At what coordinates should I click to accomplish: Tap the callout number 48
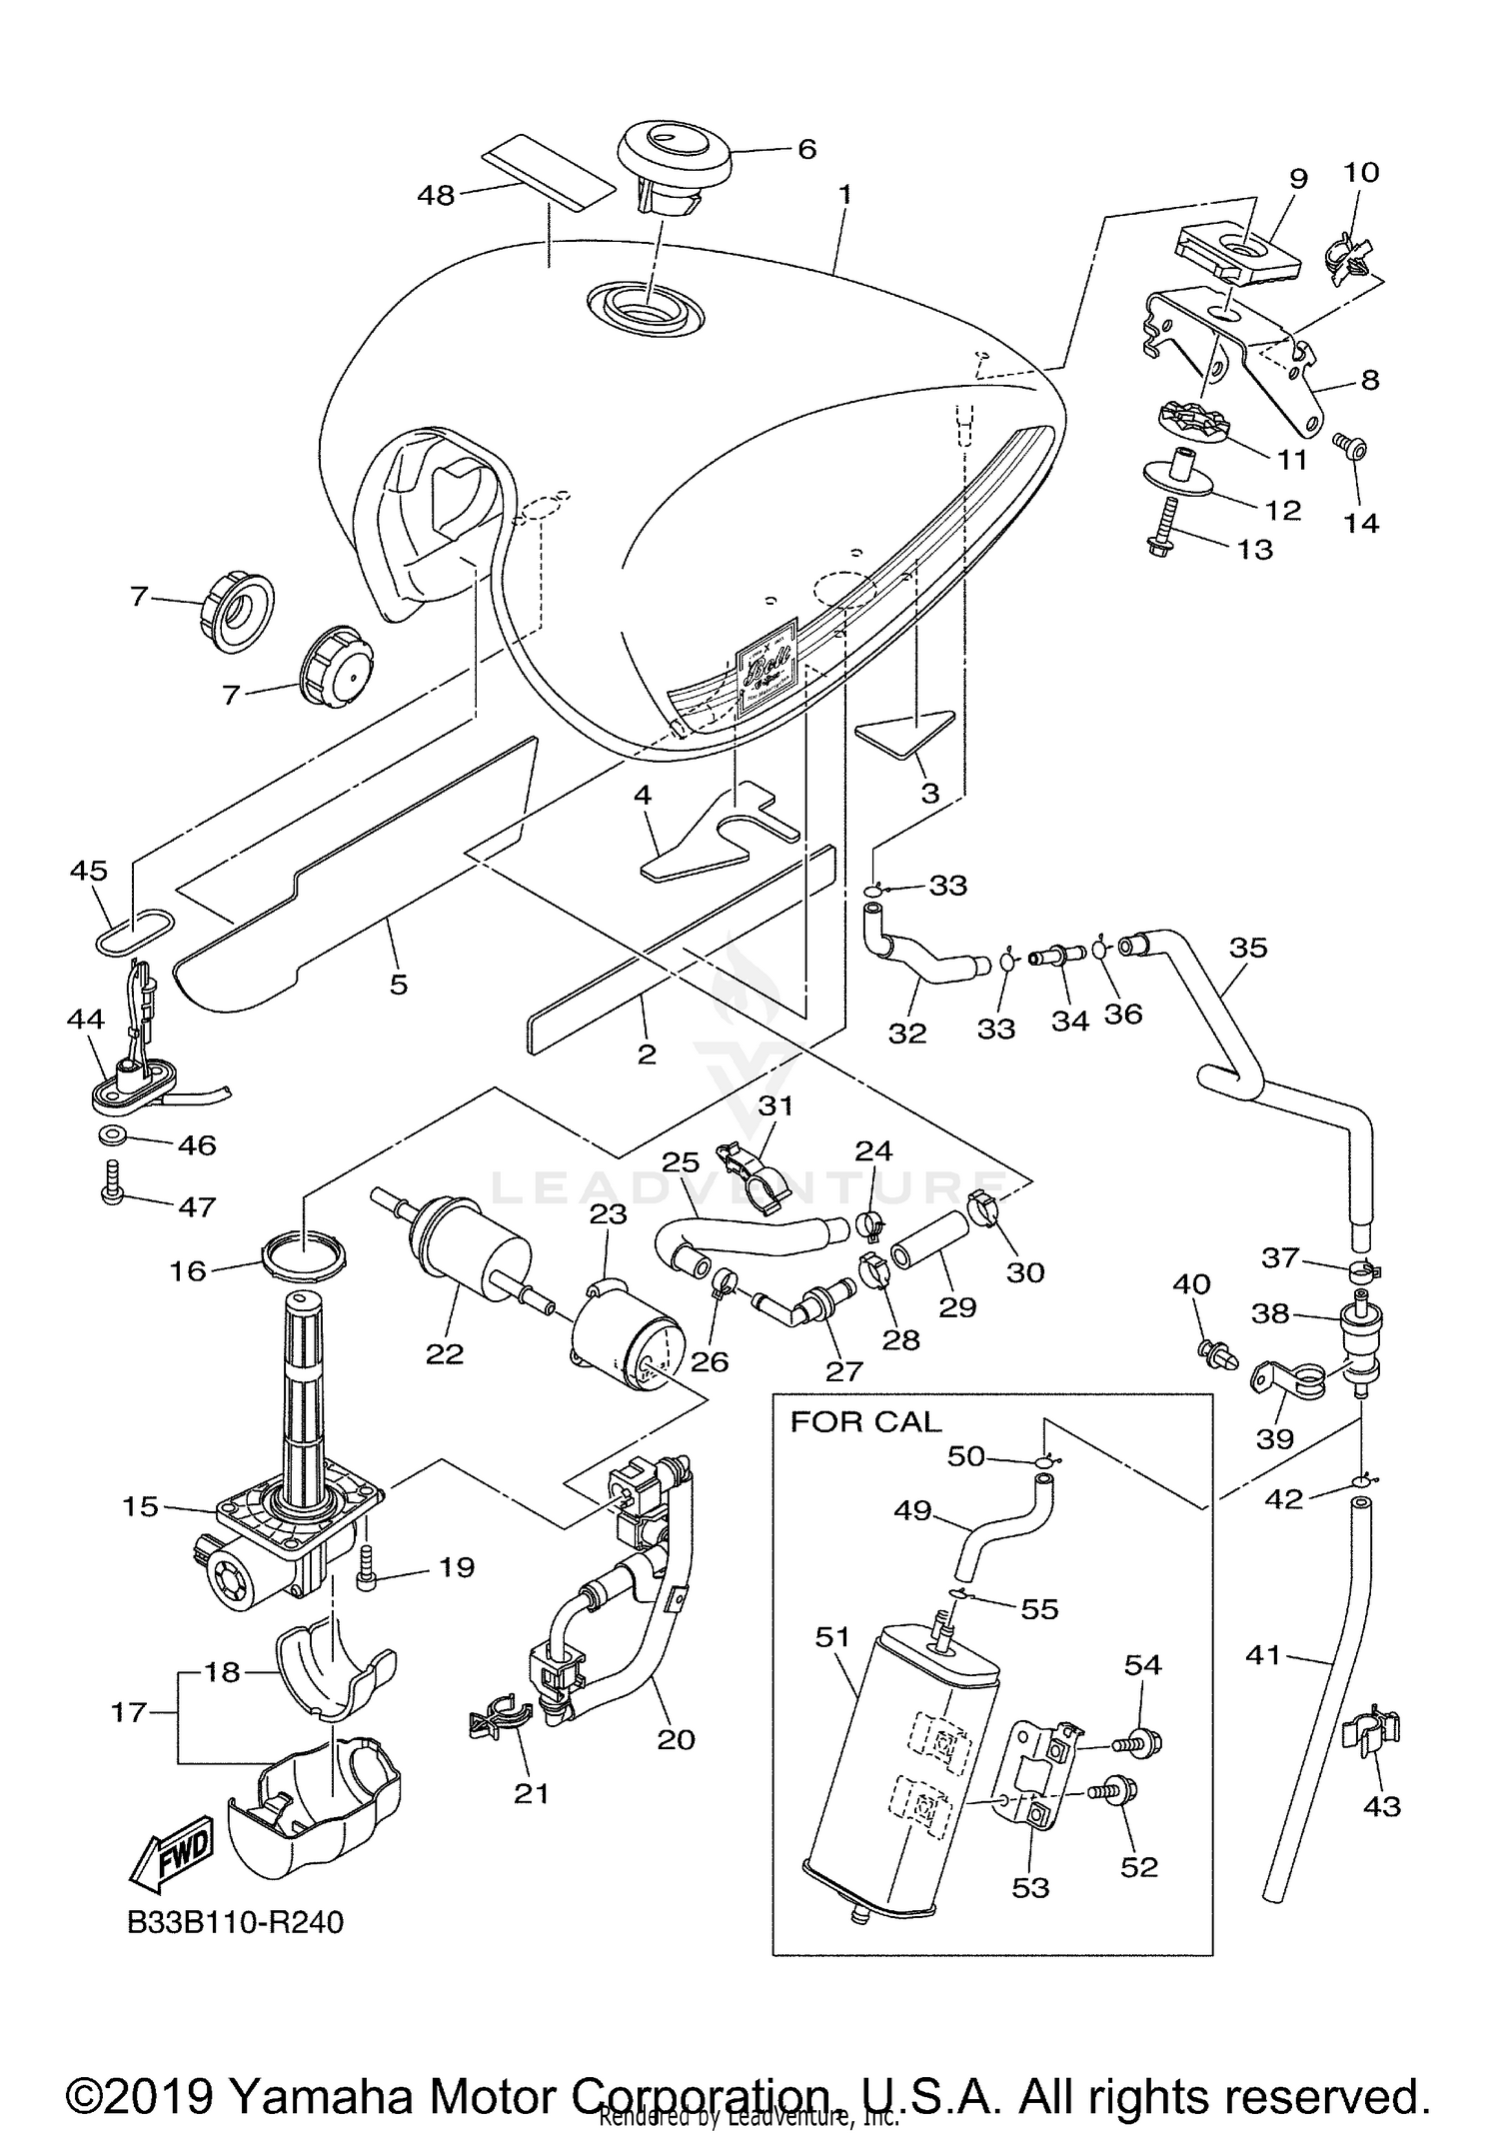tap(437, 195)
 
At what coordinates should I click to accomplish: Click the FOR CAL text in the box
tap(865, 1421)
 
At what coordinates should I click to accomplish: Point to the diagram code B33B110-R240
tap(236, 1922)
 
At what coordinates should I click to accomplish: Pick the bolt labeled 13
tap(1159, 530)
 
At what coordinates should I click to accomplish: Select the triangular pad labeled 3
tap(904, 731)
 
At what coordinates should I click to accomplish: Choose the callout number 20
tap(676, 1739)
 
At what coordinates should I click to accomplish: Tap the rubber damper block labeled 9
tap(1239, 253)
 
